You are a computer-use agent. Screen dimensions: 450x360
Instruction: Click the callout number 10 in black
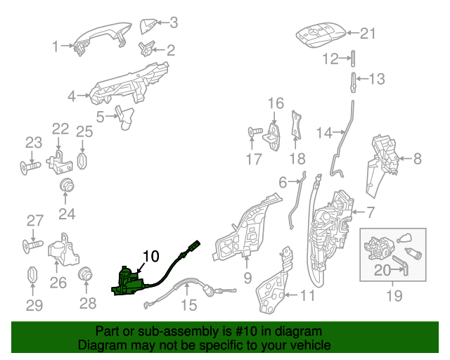(150, 256)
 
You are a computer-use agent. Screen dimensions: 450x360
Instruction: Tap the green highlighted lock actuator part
(129, 282)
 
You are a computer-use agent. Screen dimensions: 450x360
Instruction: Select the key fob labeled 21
(321, 34)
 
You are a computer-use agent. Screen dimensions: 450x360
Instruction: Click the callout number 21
(368, 33)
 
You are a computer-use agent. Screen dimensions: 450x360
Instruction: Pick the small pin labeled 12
(353, 58)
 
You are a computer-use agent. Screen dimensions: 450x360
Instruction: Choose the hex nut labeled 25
(82, 161)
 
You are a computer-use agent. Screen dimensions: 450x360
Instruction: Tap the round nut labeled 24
(67, 185)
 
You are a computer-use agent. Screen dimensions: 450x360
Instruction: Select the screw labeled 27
(33, 246)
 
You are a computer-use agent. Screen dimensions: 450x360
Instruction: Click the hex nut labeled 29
(32, 275)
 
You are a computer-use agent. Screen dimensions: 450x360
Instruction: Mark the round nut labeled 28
(86, 274)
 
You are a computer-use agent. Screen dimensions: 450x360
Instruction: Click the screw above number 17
(255, 131)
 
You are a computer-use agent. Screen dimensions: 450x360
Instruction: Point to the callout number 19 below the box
(394, 296)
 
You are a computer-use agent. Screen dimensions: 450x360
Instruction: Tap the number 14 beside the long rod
(324, 133)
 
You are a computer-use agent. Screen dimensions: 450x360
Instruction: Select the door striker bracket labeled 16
(272, 136)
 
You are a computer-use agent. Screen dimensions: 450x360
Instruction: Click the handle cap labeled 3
(148, 26)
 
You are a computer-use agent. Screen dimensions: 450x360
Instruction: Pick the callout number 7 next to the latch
(371, 212)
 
